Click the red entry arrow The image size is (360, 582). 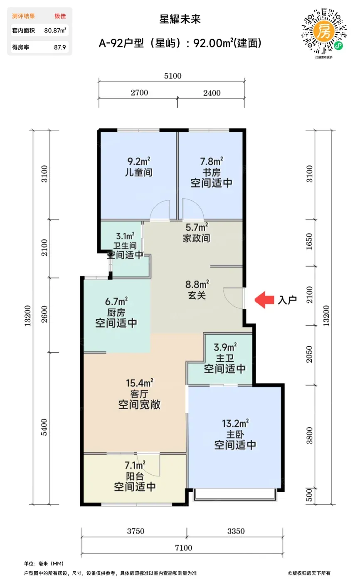tap(264, 300)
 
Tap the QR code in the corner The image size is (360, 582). tap(324, 32)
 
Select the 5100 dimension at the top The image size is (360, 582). tap(173, 76)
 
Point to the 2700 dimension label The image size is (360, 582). tap(139, 93)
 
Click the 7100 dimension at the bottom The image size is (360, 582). tap(183, 548)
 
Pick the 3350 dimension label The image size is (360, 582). tap(236, 531)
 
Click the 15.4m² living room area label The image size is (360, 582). tap(140, 383)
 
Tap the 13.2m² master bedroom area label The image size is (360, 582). tap(235, 423)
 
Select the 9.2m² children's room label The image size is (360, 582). tap(139, 161)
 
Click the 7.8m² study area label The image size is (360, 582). tap(212, 161)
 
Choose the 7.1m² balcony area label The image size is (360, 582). tap(135, 465)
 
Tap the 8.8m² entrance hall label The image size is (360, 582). tap(197, 284)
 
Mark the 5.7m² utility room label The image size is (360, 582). tap(197, 227)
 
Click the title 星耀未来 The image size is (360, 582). tap(180, 20)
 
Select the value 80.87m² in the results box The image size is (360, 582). tap(55, 30)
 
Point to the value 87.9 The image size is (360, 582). tap(60, 47)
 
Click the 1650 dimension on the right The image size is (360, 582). tap(309, 242)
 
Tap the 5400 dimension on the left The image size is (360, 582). tap(44, 427)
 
